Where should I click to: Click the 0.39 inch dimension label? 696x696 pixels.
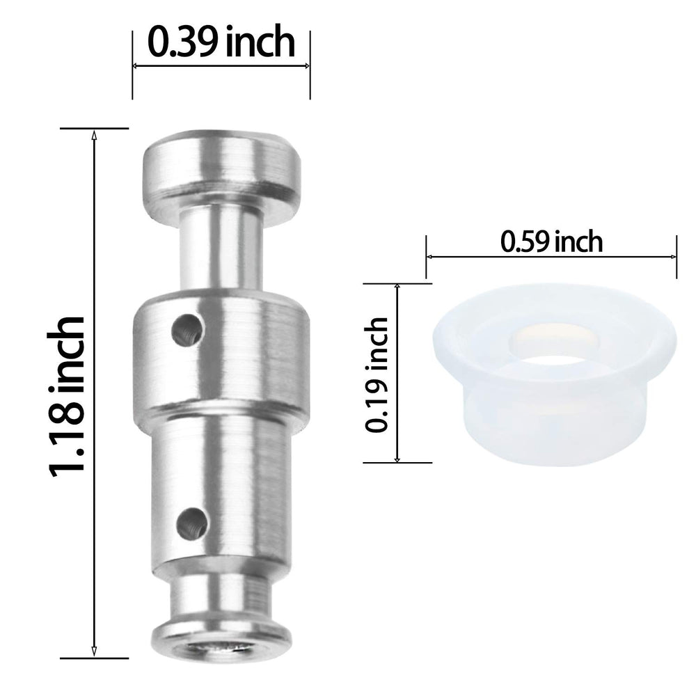click(221, 42)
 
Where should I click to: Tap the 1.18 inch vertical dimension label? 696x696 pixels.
click(67, 397)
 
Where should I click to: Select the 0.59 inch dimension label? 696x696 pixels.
click(551, 242)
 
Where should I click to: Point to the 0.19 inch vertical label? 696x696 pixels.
click(377, 375)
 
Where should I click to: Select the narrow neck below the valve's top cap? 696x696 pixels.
click(221, 251)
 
